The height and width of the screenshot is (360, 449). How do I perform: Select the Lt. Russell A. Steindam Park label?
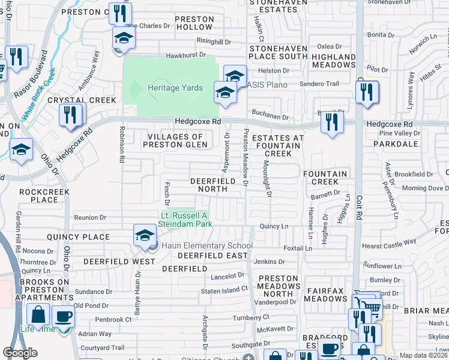point(185,220)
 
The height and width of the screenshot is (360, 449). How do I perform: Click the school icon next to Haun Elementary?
point(145,236)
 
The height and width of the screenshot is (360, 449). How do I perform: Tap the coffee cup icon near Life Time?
point(63,316)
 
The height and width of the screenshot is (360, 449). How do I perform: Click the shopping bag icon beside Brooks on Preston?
point(38,314)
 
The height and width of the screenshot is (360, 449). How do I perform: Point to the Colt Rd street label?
point(360,203)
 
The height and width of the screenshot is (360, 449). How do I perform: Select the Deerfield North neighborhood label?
point(209,185)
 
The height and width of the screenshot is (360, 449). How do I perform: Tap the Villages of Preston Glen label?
point(175,140)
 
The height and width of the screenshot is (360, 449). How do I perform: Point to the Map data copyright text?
point(423,355)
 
